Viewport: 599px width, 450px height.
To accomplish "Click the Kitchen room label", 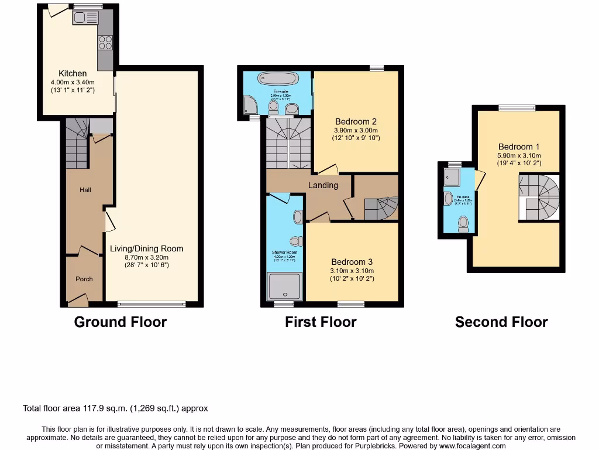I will pos(73,73).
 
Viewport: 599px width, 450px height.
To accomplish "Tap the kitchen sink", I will pos(85,19).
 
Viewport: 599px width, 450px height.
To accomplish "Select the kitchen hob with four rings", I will pos(105,42).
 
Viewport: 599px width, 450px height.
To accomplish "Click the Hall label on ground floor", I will pos(85,190).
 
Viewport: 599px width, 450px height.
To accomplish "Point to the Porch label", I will pos(84,279).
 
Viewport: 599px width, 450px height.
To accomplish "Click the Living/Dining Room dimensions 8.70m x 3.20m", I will pos(146,257).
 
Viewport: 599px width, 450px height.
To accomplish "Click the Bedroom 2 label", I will pos(355,122).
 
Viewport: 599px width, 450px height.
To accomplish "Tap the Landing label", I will pos(323,185).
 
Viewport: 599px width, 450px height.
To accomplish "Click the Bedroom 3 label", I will pos(352,262).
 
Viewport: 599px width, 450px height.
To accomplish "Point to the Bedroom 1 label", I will pos(515,146).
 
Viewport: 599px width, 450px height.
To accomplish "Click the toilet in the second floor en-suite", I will pos(463,223).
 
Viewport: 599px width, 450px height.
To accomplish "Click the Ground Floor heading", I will pos(121,322).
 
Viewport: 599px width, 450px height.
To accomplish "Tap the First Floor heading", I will pos(321,322).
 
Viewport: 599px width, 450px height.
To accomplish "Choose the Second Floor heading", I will pos(501,322).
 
